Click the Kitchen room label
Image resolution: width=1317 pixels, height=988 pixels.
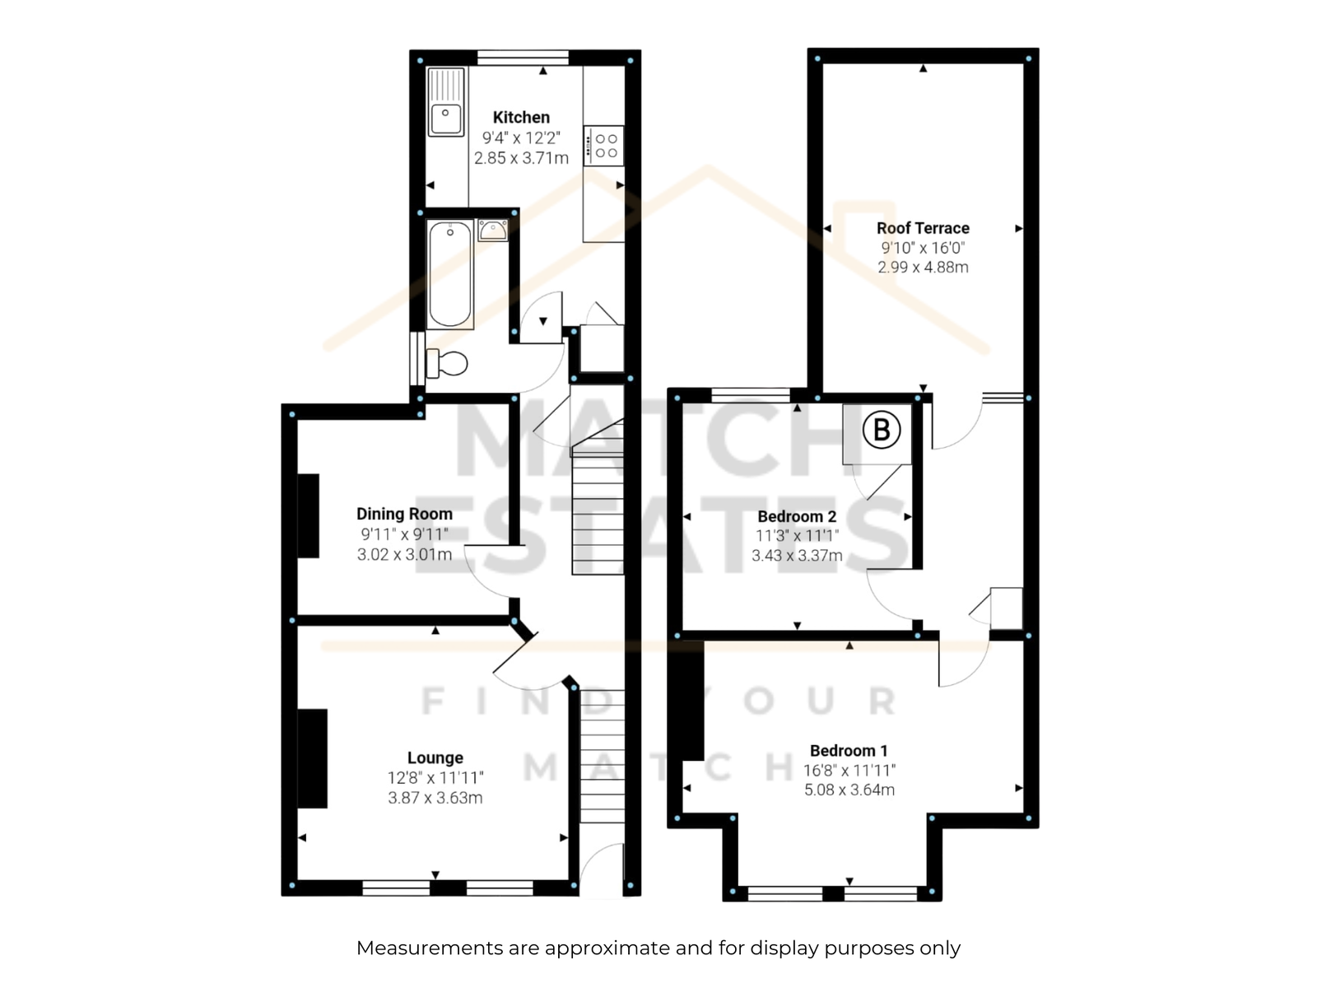[x=521, y=117]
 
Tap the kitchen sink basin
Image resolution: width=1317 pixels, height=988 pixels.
[x=445, y=119]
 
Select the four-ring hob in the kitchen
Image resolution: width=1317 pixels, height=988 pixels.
[x=603, y=145]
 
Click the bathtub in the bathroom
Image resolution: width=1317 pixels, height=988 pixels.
[x=450, y=274]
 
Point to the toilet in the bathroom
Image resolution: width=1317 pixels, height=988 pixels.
[x=446, y=363]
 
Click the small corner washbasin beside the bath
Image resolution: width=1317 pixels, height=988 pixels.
[x=492, y=231]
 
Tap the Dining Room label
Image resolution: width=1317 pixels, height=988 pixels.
[x=404, y=514]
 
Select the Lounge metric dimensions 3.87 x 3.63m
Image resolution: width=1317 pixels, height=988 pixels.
[x=435, y=798]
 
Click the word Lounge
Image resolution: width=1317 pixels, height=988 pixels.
[x=435, y=757]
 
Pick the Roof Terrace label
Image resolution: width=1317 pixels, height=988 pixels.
[x=923, y=228]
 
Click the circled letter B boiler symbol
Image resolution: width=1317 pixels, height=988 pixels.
[x=882, y=430]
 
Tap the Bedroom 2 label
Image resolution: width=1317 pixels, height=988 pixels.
[x=797, y=516]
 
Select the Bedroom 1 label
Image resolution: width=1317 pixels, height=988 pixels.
[x=849, y=750]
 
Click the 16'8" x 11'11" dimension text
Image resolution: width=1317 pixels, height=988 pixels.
[x=849, y=770]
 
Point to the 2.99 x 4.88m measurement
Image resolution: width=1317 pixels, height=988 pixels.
[x=923, y=267]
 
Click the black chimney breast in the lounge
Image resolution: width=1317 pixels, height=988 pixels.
[x=313, y=758]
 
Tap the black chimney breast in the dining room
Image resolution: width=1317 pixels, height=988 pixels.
[x=309, y=516]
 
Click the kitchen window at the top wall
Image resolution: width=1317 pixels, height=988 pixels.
[x=523, y=58]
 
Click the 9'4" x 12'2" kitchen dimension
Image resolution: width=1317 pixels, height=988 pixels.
[x=521, y=138]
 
